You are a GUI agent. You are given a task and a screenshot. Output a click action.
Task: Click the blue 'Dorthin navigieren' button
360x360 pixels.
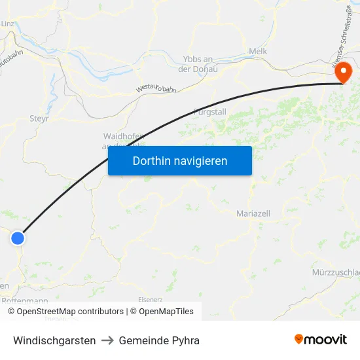point(179,160)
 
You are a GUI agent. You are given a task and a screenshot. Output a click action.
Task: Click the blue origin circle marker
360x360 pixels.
point(18,238)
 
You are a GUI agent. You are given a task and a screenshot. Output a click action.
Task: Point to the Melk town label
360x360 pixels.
point(258,51)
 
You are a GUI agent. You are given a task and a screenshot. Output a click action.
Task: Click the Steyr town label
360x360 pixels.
point(39,118)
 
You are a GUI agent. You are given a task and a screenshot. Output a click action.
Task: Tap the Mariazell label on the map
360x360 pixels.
point(253,213)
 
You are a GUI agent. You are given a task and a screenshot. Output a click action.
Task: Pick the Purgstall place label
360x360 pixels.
point(209,112)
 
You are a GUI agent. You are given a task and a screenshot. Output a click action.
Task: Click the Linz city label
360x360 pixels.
point(8,24)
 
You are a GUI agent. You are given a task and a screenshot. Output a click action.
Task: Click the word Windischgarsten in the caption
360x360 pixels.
point(54,340)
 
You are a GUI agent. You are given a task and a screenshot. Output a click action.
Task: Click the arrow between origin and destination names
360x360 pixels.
point(107,340)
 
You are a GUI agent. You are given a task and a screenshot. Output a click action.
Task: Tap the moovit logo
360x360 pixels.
point(321,339)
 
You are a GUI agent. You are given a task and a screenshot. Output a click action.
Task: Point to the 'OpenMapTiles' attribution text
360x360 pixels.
point(166,312)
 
